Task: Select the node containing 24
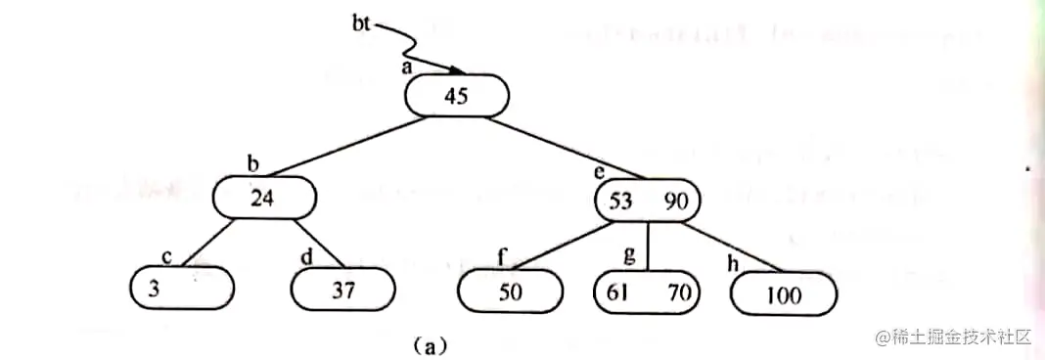[x=264, y=199]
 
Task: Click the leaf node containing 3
[x=182, y=288]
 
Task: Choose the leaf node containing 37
[x=343, y=289]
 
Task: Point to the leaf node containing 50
[x=510, y=290]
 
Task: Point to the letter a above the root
[x=406, y=67]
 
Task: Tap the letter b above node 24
[x=252, y=163]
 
